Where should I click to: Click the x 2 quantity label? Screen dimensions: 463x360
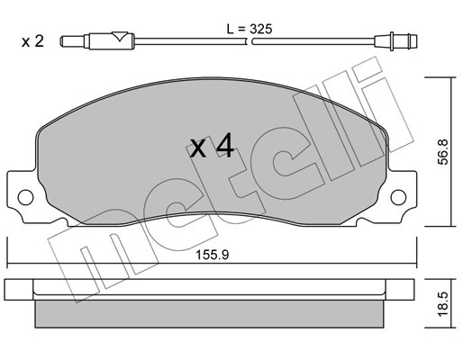click(32, 41)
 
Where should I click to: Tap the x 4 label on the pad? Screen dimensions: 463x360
click(213, 146)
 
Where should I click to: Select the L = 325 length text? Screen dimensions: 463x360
click(250, 29)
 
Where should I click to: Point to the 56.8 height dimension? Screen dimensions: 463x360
click(442, 151)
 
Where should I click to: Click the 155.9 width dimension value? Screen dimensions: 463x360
click(213, 255)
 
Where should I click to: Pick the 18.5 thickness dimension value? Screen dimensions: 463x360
click(442, 304)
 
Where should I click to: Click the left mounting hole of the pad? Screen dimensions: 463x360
click(25, 197)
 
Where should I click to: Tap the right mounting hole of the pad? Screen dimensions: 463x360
click(398, 197)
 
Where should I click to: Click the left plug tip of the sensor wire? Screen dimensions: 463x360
click(72, 41)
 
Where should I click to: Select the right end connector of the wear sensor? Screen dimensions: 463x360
click(396, 41)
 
